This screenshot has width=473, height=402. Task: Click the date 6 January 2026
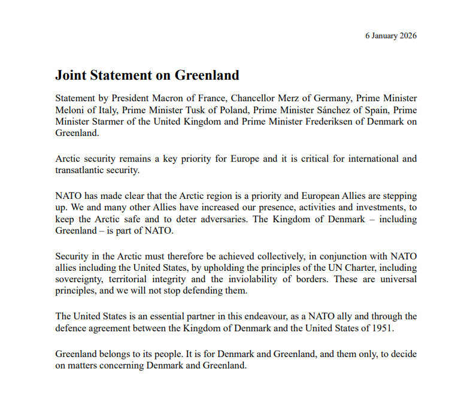[390, 35]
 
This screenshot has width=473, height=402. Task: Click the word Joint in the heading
[71, 75]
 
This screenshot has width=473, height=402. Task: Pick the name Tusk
[208, 110]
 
